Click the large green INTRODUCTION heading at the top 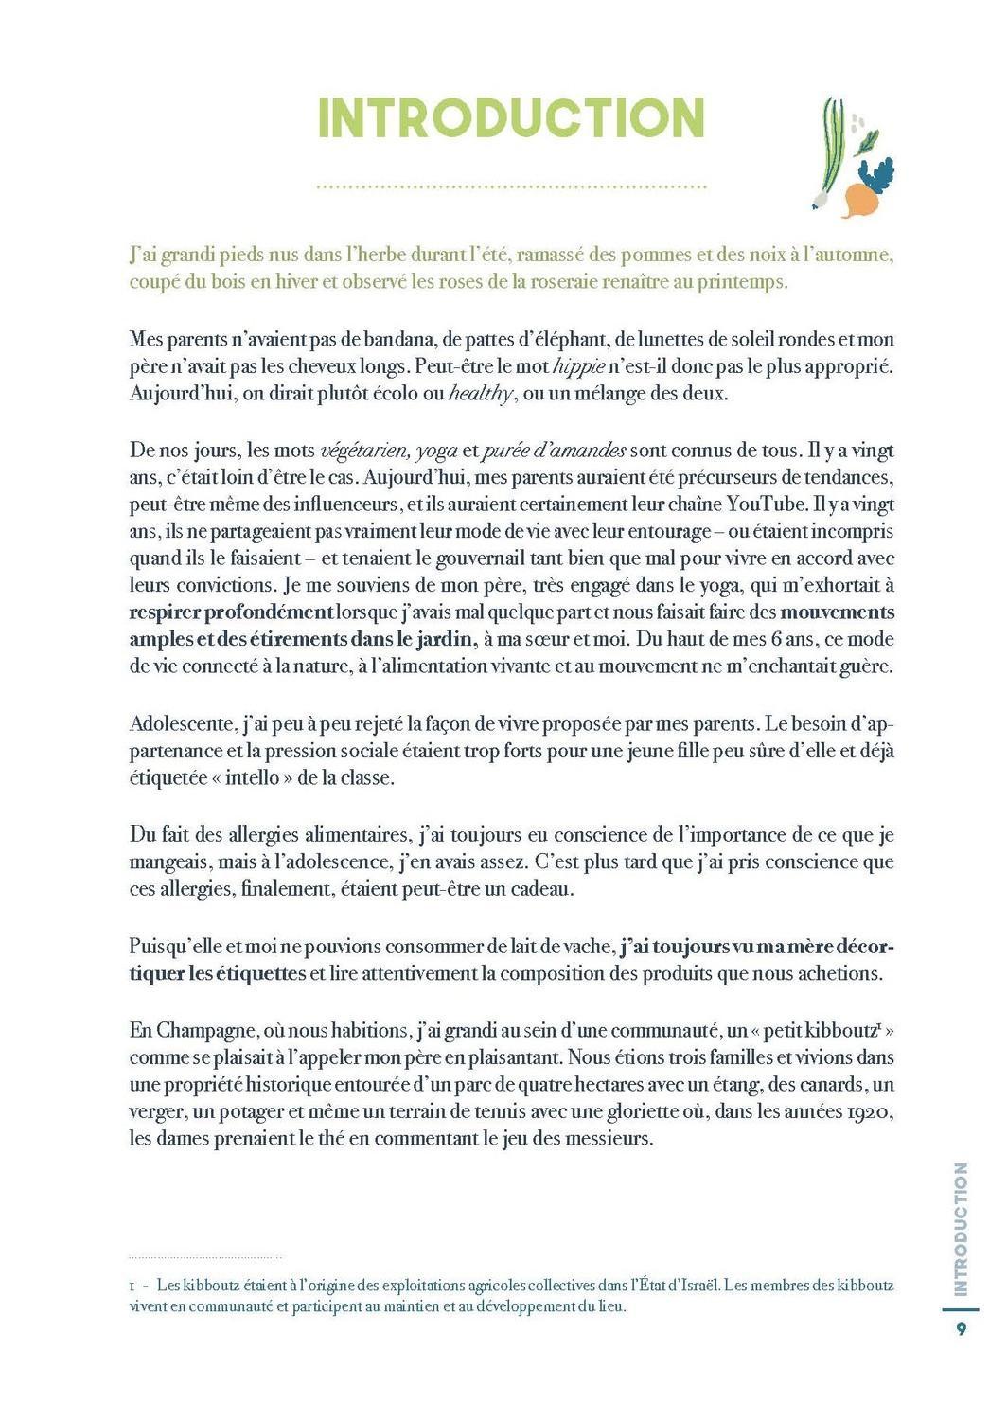511,118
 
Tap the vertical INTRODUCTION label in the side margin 962,1229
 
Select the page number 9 962,1329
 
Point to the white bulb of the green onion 819,200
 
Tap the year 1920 862,1112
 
